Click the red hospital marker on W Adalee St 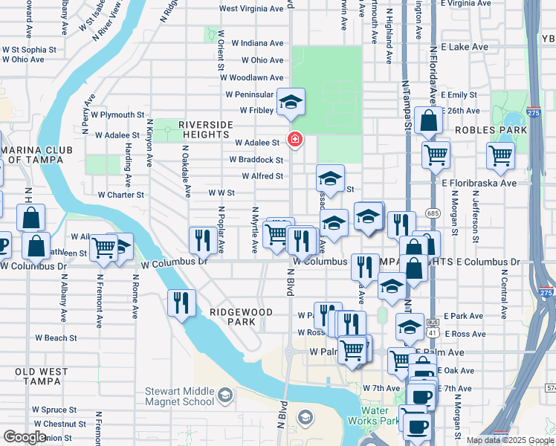[x=295, y=139]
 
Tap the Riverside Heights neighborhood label [x=206, y=129]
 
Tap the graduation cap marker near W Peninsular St [x=291, y=103]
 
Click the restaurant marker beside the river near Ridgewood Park [x=181, y=303]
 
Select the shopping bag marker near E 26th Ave [x=429, y=120]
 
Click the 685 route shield [x=433, y=213]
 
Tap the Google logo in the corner [x=25, y=437]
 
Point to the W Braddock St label [x=256, y=160]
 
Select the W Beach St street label [x=56, y=338]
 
